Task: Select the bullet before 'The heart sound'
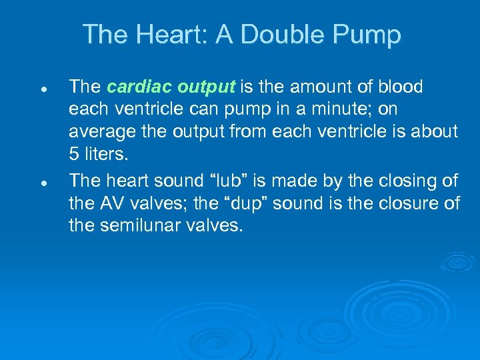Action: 42,181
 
